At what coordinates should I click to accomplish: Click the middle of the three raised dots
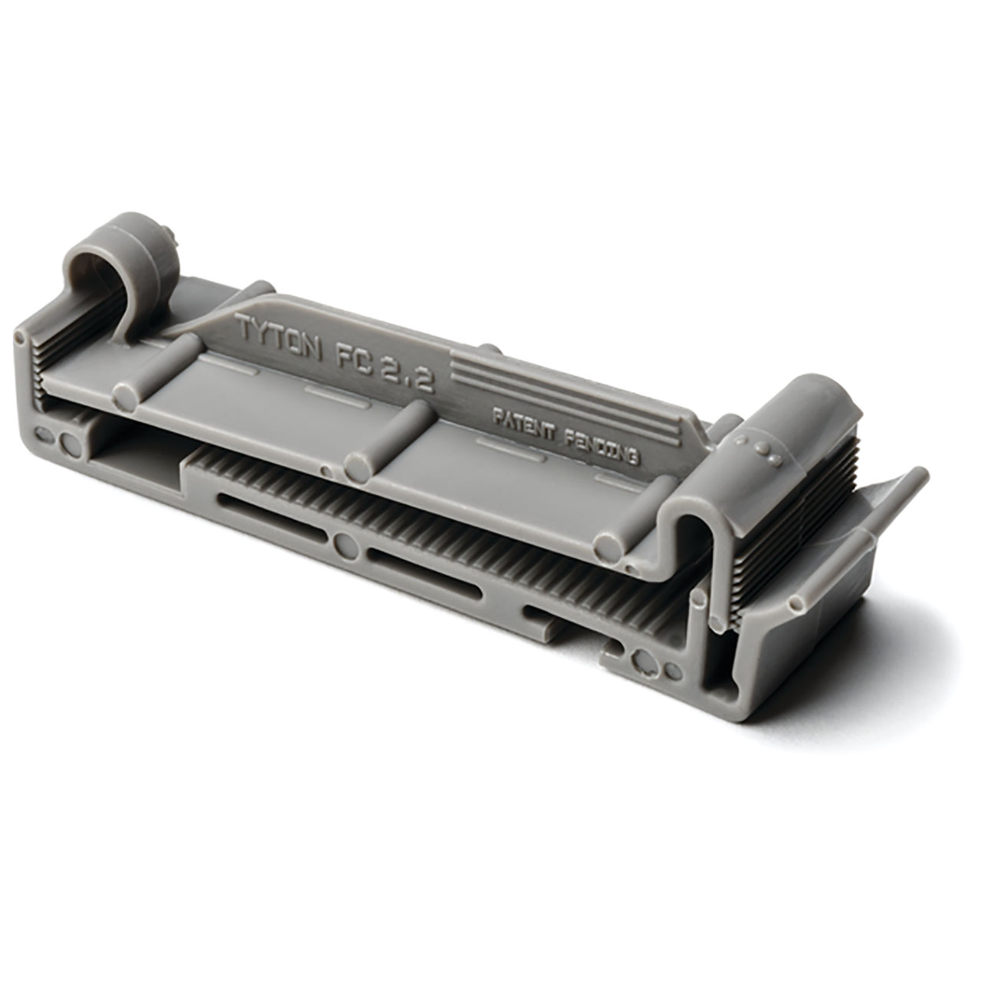(x=763, y=448)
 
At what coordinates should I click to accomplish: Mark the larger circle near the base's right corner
(x=645, y=660)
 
